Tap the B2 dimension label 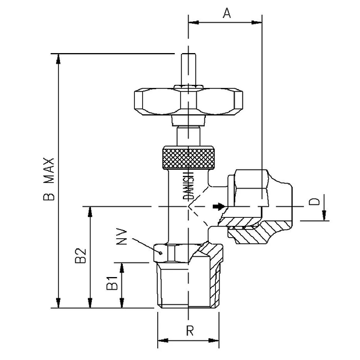80,256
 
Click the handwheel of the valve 188,101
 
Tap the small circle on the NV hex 162,253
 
